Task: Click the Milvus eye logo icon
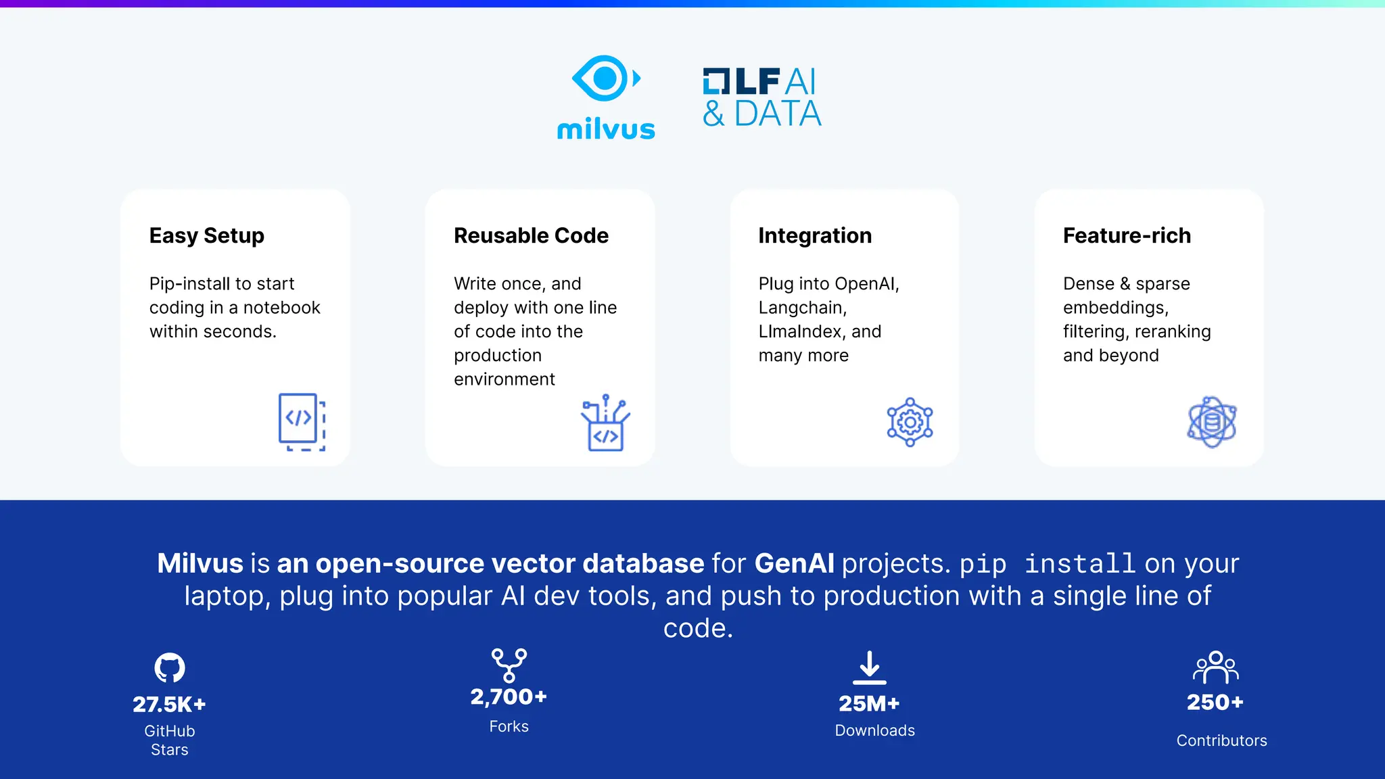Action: pos(605,78)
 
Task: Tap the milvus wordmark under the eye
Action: pos(606,129)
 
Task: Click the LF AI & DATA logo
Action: pos(761,98)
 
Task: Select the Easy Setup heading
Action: pos(206,235)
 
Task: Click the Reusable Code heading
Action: pos(531,235)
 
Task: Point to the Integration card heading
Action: pos(814,235)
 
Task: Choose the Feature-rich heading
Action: pos(1127,235)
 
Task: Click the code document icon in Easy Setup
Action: pos(302,422)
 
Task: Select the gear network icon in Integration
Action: pos(910,422)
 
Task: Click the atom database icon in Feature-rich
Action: pos(1212,422)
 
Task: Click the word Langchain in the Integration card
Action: pos(801,308)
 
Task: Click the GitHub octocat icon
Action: pos(170,667)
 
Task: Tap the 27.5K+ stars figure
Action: pos(169,704)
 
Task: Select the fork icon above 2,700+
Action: pos(509,665)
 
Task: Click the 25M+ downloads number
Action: pos(869,703)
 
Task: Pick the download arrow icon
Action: pos(870,667)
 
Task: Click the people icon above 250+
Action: pos(1215,667)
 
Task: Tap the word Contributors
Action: pos(1221,740)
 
